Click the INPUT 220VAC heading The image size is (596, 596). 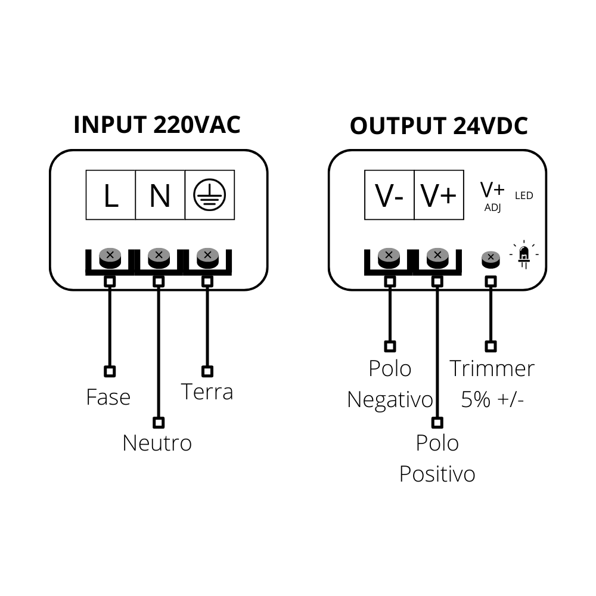coord(157,125)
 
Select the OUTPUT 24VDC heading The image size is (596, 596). coord(439,126)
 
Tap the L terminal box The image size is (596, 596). coord(111,195)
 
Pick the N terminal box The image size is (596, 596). coord(160,195)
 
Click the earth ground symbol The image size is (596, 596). coord(209,195)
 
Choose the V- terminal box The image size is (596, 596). coord(389,195)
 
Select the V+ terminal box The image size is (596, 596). coord(439,195)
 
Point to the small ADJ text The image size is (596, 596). coord(493,208)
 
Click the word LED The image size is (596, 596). coord(524,195)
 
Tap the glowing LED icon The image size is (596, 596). coord(524,254)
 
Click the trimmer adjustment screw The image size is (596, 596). coord(491,257)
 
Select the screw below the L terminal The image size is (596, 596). coord(110,257)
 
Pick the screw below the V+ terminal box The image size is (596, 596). coord(437,257)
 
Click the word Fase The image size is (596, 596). coord(108,397)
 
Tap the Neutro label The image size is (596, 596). coord(157,443)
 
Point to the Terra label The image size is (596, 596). coord(207,392)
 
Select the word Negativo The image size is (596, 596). coord(390,399)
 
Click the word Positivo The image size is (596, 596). coord(437,474)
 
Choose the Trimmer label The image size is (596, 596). coord(492,368)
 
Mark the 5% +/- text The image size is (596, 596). coord(492,399)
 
